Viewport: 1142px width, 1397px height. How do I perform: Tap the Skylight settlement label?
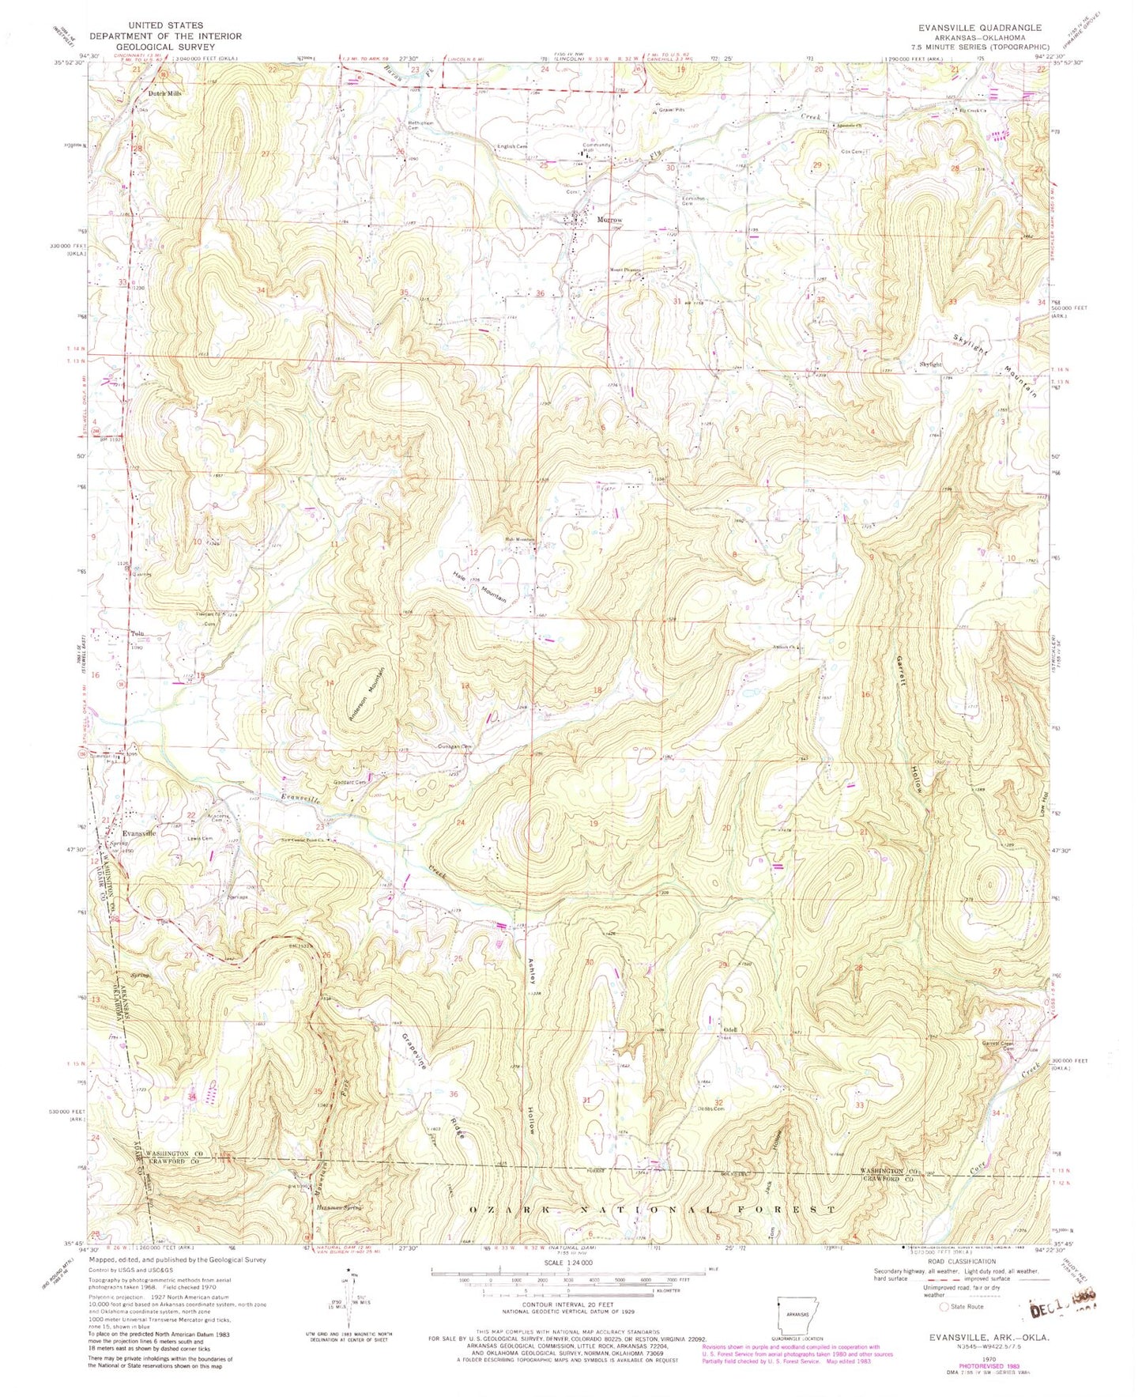coord(931,364)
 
